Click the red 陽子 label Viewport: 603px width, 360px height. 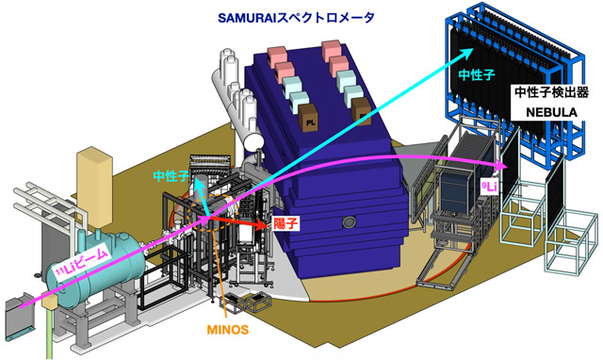pyautogui.click(x=285, y=224)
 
